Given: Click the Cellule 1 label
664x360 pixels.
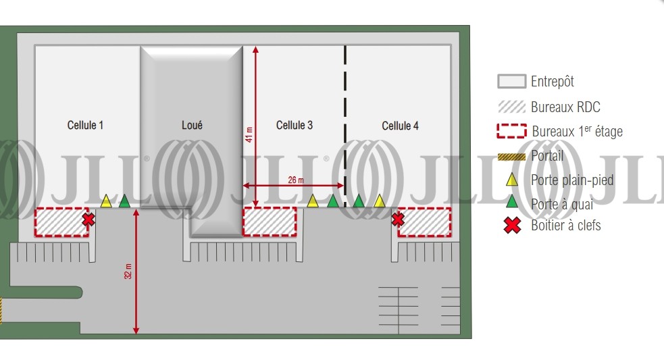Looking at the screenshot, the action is click(x=85, y=126).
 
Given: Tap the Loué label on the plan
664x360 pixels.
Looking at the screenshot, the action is click(x=192, y=126).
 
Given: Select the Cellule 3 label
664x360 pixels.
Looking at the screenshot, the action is click(x=295, y=126).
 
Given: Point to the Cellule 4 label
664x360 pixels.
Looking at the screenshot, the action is click(x=400, y=126).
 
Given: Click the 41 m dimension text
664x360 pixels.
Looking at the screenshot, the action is click(x=249, y=134).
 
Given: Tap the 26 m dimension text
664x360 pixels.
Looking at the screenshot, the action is click(x=296, y=180).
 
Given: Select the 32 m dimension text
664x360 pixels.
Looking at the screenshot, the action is click(x=128, y=271).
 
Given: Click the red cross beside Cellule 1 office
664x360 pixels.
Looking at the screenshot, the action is click(x=88, y=220).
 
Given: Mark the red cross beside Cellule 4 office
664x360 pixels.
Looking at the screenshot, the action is click(x=398, y=219).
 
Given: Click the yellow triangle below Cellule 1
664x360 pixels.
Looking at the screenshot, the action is click(x=106, y=201).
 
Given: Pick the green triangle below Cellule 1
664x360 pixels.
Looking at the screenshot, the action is click(x=124, y=201).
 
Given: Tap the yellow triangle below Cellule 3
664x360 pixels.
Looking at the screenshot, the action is click(x=313, y=201).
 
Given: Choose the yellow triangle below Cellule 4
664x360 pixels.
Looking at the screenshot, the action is click(x=380, y=201).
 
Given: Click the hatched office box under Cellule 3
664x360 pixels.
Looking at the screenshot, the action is click(x=270, y=222).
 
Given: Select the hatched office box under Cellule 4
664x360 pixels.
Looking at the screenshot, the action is click(x=424, y=222).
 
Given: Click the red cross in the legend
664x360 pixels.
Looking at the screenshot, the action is click(x=513, y=226).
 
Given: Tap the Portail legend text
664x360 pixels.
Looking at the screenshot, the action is click(x=547, y=156).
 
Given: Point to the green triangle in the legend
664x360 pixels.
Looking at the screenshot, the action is click(x=513, y=201).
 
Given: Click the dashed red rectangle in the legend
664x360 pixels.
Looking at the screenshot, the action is click(x=511, y=131).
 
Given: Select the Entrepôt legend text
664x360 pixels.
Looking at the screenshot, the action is click(x=553, y=81).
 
